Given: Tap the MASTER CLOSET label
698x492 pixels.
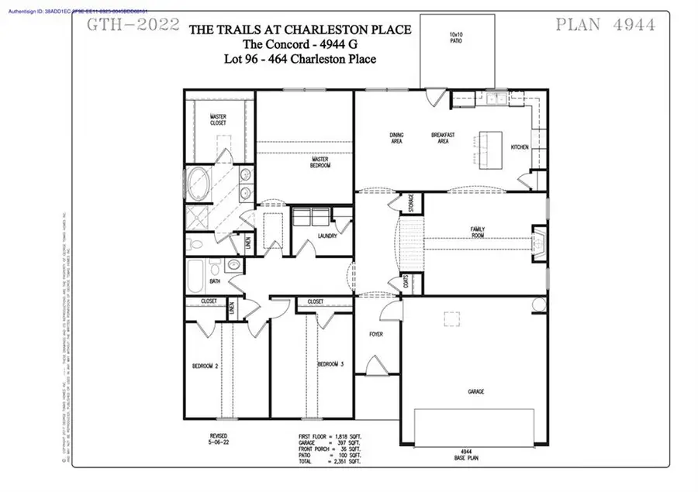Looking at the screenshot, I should [217, 120].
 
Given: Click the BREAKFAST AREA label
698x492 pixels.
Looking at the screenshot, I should [442, 138].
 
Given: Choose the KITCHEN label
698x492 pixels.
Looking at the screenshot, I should [519, 146].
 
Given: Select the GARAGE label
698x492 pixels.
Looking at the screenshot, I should [475, 392].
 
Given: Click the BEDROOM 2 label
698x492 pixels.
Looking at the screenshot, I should [206, 365].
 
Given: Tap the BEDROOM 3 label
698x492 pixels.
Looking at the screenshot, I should [330, 364].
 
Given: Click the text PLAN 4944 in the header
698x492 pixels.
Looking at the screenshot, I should [606, 24].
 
